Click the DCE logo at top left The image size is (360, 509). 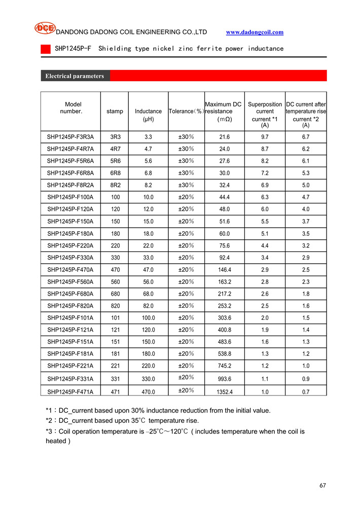45,28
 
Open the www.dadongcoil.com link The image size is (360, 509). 255,32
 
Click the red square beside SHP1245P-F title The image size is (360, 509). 46,49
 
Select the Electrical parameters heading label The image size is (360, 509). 75,76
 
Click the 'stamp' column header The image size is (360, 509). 115,111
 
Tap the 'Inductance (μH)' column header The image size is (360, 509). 149,115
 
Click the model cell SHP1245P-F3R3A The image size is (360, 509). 70,137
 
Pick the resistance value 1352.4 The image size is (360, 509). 224,391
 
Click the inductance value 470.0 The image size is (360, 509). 149,391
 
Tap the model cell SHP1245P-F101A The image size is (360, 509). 70,318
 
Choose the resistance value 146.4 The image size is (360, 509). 224,270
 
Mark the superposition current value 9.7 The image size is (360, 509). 265,137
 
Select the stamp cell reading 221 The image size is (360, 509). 115,366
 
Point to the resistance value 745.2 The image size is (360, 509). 224,366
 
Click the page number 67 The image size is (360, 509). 322,485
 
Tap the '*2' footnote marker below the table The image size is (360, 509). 49,421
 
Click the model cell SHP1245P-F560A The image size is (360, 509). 70,282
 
